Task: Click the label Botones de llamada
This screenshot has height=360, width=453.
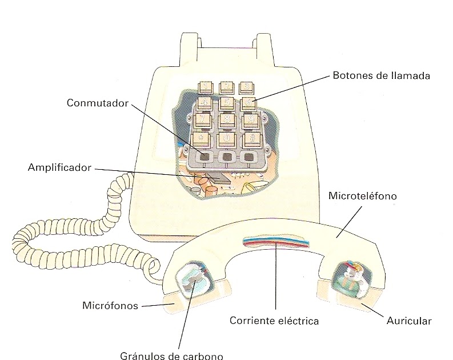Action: [x=380, y=75]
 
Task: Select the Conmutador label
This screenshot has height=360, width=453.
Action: [x=98, y=103]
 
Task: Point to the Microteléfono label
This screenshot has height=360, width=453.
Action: [x=363, y=196]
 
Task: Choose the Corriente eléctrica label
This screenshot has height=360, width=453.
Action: [x=274, y=321]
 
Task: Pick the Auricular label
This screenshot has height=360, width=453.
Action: [x=409, y=321]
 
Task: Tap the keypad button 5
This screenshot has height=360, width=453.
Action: [x=227, y=103]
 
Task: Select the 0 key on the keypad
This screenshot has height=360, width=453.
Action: [x=227, y=138]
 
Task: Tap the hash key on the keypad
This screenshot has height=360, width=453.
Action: [x=250, y=138]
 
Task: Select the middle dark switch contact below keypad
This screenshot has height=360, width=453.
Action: [x=227, y=157]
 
